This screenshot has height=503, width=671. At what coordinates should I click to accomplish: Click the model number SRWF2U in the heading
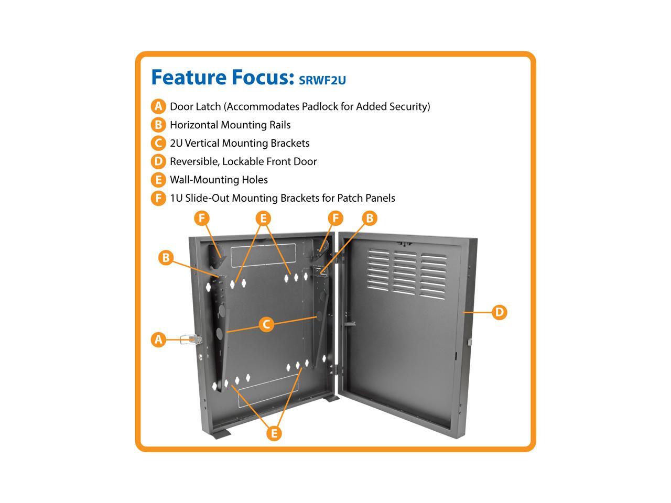coord(322,80)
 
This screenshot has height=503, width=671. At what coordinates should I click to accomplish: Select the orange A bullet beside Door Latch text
coord(158,106)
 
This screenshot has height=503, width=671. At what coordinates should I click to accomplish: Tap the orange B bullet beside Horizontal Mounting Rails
coord(158,125)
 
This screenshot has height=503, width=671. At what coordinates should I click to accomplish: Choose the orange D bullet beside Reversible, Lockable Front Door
coord(158,161)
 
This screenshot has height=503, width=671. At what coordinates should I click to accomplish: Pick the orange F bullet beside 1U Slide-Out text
coord(158,198)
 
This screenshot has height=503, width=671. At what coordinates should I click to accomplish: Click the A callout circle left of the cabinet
coord(158,340)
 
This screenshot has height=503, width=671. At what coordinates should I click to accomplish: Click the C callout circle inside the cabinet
coord(266,324)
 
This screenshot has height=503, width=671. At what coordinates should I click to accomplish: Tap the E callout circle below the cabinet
coord(273,433)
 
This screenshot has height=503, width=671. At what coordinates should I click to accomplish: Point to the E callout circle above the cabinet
coord(264,218)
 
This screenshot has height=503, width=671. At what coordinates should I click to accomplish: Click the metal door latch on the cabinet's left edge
coord(189,340)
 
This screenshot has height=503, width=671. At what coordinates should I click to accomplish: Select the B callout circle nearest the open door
coord(369,218)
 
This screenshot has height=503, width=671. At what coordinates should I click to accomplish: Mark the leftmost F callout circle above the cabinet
coord(202,218)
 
